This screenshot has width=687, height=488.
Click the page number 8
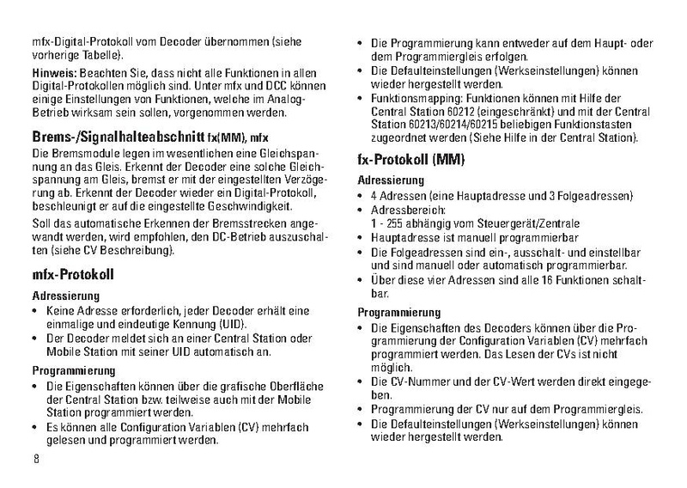point(36,457)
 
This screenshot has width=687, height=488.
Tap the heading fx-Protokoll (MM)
point(410,159)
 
